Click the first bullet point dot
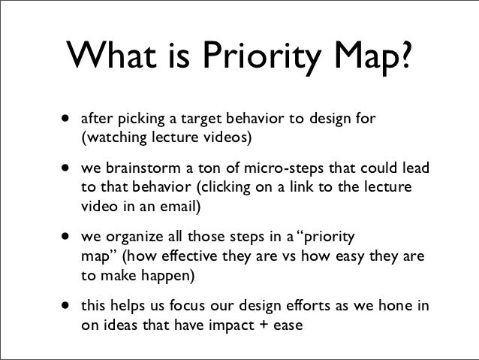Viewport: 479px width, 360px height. point(68,118)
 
